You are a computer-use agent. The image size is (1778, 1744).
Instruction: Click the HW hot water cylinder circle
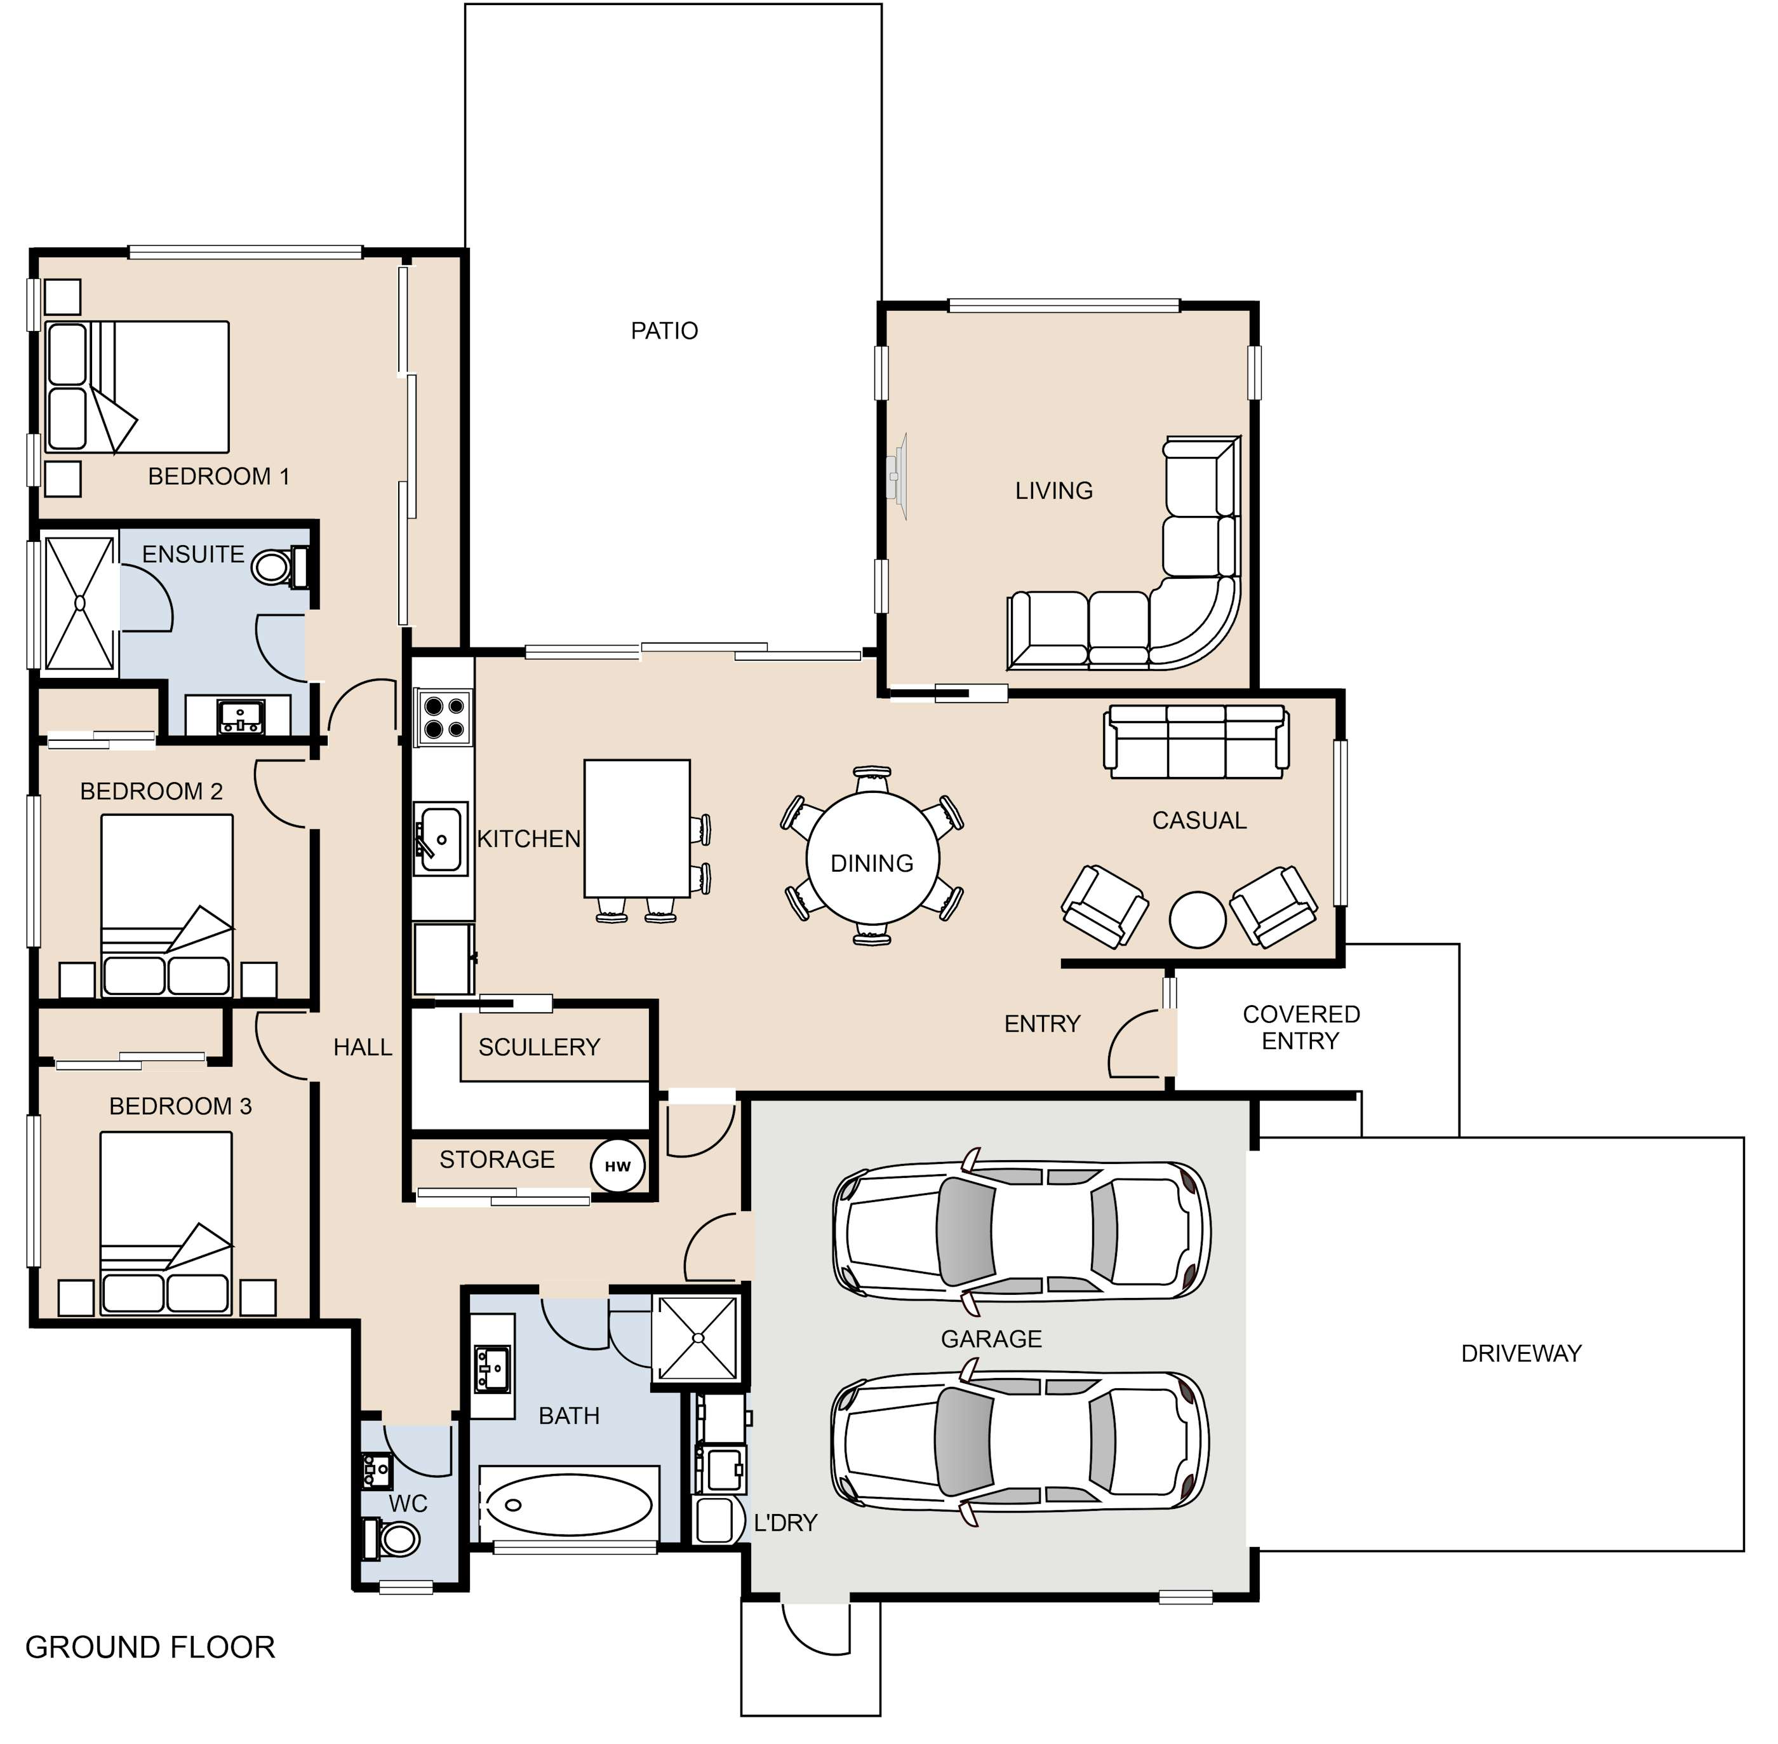click(618, 1166)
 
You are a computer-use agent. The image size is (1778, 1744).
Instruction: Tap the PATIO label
click(664, 330)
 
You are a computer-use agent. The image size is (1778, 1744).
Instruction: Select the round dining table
click(872, 858)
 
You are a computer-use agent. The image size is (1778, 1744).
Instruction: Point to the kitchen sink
click(441, 838)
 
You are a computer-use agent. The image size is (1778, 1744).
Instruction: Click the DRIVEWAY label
click(1521, 1354)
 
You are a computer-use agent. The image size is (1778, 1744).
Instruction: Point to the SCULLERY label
click(539, 1047)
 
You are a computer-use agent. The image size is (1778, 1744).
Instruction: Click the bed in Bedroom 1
click(137, 386)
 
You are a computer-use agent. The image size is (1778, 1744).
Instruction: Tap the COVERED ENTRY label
click(1301, 1028)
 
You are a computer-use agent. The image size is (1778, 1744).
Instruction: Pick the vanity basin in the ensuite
click(241, 715)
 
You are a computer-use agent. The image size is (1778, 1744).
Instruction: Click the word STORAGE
click(497, 1159)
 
